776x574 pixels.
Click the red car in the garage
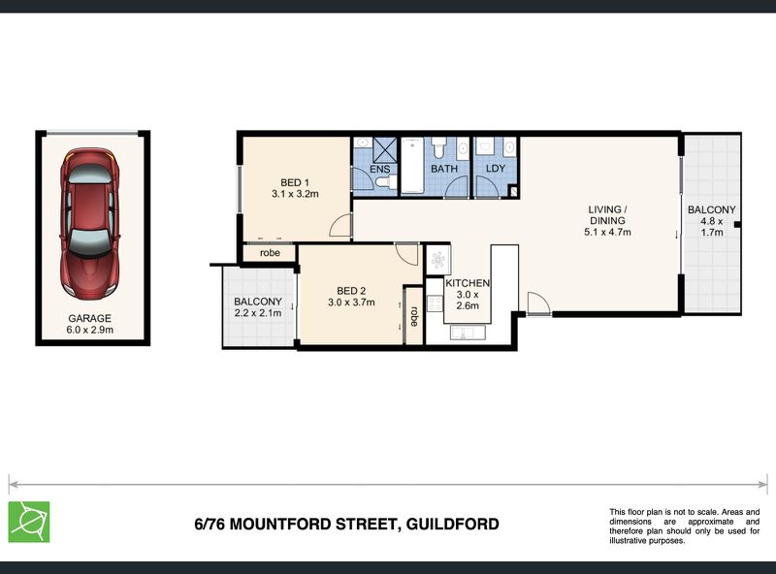point(89,224)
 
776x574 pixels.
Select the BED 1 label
point(295,187)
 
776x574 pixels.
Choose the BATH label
point(444,169)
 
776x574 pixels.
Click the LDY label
point(496,169)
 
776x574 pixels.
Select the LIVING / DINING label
point(607,220)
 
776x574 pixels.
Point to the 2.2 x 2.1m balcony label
point(257,307)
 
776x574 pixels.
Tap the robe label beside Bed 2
point(413,314)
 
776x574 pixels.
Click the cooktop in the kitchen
point(436,261)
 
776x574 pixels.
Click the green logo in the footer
point(29,521)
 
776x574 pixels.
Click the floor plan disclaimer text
point(684,526)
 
